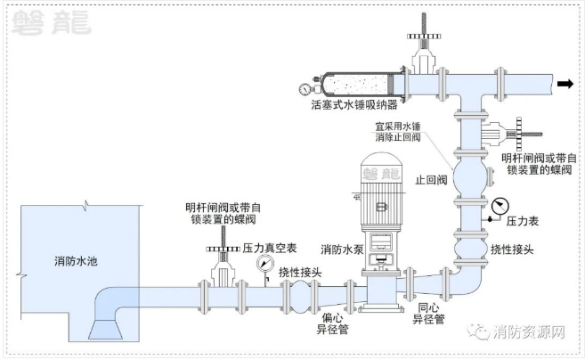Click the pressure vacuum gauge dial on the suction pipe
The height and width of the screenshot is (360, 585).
coord(265,264)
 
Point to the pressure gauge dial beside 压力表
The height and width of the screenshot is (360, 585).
coord(495,200)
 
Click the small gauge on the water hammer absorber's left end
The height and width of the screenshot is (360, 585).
coord(305,88)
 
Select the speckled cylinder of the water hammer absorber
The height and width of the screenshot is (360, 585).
coord(356,86)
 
